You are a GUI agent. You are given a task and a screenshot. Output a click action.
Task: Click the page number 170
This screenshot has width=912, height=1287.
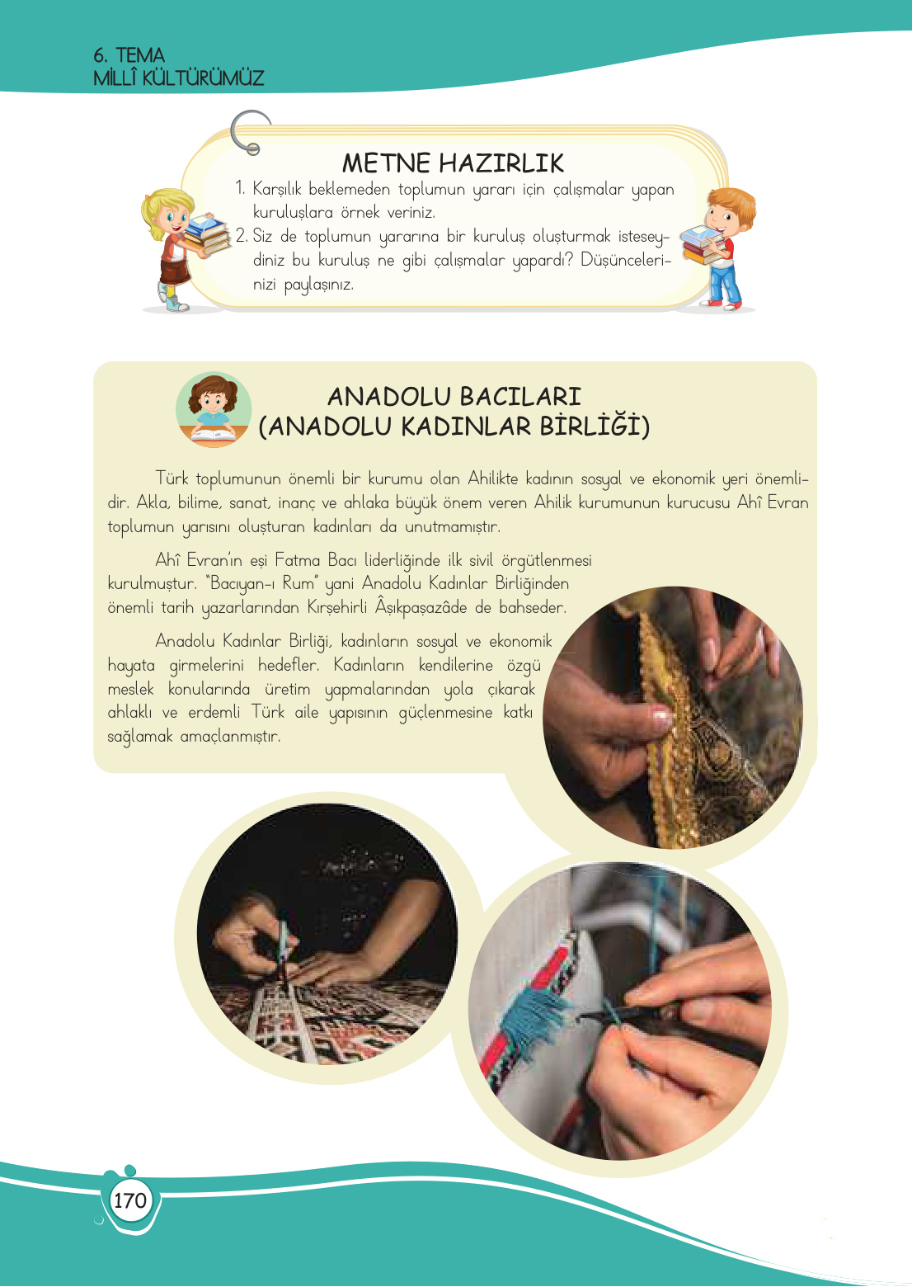[x=130, y=1200]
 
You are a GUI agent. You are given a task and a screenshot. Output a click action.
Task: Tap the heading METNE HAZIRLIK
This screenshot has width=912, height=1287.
[x=453, y=163]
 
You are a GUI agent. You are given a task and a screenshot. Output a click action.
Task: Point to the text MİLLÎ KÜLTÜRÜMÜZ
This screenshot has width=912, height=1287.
[x=179, y=78]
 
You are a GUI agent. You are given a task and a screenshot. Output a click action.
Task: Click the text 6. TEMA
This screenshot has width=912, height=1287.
[x=129, y=55]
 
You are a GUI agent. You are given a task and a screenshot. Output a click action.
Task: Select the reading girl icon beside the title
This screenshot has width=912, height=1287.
[x=213, y=410]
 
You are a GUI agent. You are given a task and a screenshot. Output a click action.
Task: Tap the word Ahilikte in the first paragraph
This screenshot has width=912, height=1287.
[x=493, y=478]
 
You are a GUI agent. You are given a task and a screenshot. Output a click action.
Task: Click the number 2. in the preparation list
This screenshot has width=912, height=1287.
[x=242, y=236]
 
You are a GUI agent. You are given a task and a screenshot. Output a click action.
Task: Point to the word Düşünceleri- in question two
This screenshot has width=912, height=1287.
[x=625, y=260]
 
